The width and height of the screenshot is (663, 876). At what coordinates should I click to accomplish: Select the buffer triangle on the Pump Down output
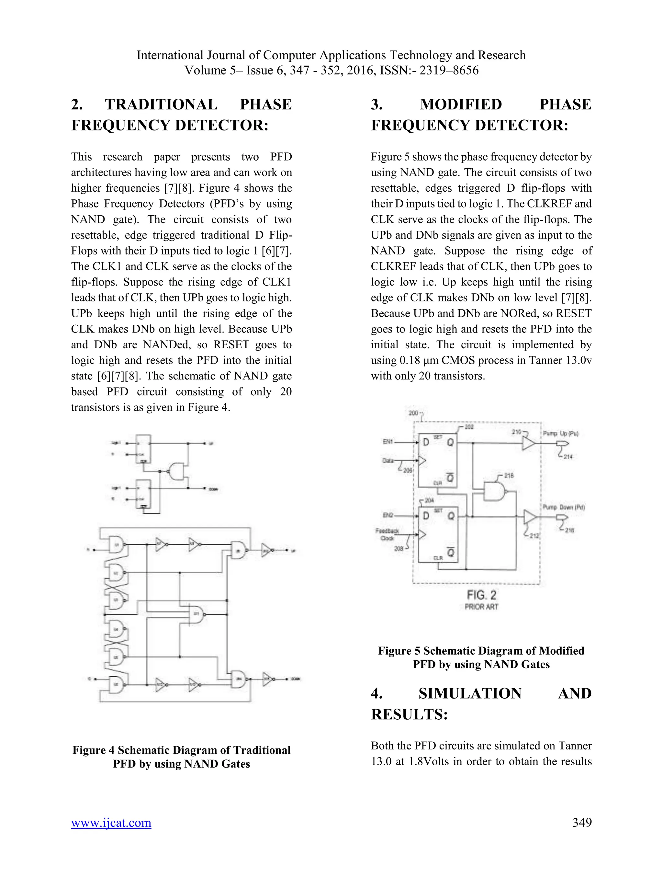(530, 517)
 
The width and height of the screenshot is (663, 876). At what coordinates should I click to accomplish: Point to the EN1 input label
(388, 442)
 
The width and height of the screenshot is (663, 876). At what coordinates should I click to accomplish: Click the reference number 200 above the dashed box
(413, 413)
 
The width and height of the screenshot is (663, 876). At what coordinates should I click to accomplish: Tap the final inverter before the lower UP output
(266, 550)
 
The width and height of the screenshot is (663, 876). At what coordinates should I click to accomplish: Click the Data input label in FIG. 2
(388, 460)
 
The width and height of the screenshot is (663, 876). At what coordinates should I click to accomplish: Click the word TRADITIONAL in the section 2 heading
(161, 105)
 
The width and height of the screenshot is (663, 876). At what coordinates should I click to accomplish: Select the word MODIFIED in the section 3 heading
(461, 105)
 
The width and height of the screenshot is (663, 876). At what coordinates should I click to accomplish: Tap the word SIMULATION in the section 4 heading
(470, 693)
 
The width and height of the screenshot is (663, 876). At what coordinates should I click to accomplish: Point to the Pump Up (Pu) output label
(560, 433)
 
